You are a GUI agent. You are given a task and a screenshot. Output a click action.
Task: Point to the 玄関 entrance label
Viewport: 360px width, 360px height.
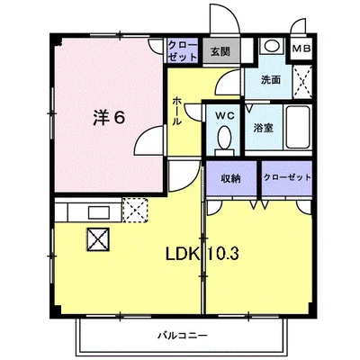tap(220, 52)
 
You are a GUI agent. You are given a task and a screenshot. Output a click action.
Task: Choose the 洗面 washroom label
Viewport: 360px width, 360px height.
tap(270, 78)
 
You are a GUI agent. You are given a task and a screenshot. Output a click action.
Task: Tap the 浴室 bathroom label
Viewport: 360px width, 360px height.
tap(264, 128)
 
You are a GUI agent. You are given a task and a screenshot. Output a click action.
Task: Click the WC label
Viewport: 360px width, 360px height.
tap(223, 115)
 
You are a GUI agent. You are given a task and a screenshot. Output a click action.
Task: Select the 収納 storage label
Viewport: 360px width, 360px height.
tap(230, 177)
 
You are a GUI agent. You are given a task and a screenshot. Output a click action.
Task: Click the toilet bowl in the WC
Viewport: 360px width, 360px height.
tap(223, 137)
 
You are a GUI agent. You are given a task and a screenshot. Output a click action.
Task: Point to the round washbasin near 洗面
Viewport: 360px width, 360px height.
tap(270, 47)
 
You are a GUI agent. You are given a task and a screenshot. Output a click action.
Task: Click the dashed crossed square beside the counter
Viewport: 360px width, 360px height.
tap(135, 212)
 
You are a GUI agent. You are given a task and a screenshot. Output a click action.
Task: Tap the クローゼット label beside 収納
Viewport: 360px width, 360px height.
tap(287, 177)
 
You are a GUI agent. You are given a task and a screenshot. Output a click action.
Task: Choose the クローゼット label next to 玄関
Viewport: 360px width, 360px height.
tap(183, 51)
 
